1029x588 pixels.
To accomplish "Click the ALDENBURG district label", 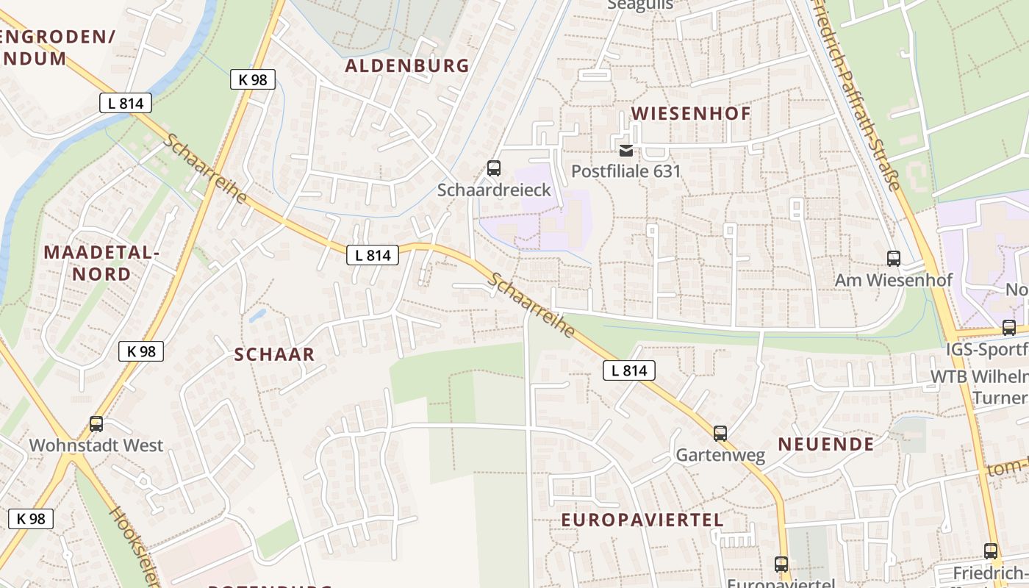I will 407,65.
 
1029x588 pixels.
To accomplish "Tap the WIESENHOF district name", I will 691,113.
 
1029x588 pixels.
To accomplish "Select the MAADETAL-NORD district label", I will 101,263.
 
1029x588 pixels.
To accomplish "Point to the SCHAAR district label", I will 274,354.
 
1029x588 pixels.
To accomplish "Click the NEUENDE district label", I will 826,444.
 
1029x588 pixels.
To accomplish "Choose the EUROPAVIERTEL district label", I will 642,520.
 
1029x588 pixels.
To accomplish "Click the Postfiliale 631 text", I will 627,171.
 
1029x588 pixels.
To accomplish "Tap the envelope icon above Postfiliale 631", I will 626,151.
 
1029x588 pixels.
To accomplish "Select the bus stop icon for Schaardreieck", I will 494,168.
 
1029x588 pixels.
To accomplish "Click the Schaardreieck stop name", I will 494,190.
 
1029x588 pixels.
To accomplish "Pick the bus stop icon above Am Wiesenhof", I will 894,259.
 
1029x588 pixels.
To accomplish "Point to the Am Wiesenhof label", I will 894,280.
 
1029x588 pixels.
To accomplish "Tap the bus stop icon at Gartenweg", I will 720,434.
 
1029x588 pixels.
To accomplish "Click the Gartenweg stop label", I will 720,455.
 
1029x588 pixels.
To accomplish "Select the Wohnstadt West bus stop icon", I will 96,424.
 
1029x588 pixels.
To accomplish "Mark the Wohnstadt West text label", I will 96,445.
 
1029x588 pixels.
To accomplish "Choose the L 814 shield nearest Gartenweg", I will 629,370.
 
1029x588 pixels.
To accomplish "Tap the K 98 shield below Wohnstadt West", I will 31,518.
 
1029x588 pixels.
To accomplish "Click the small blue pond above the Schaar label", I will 257,316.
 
